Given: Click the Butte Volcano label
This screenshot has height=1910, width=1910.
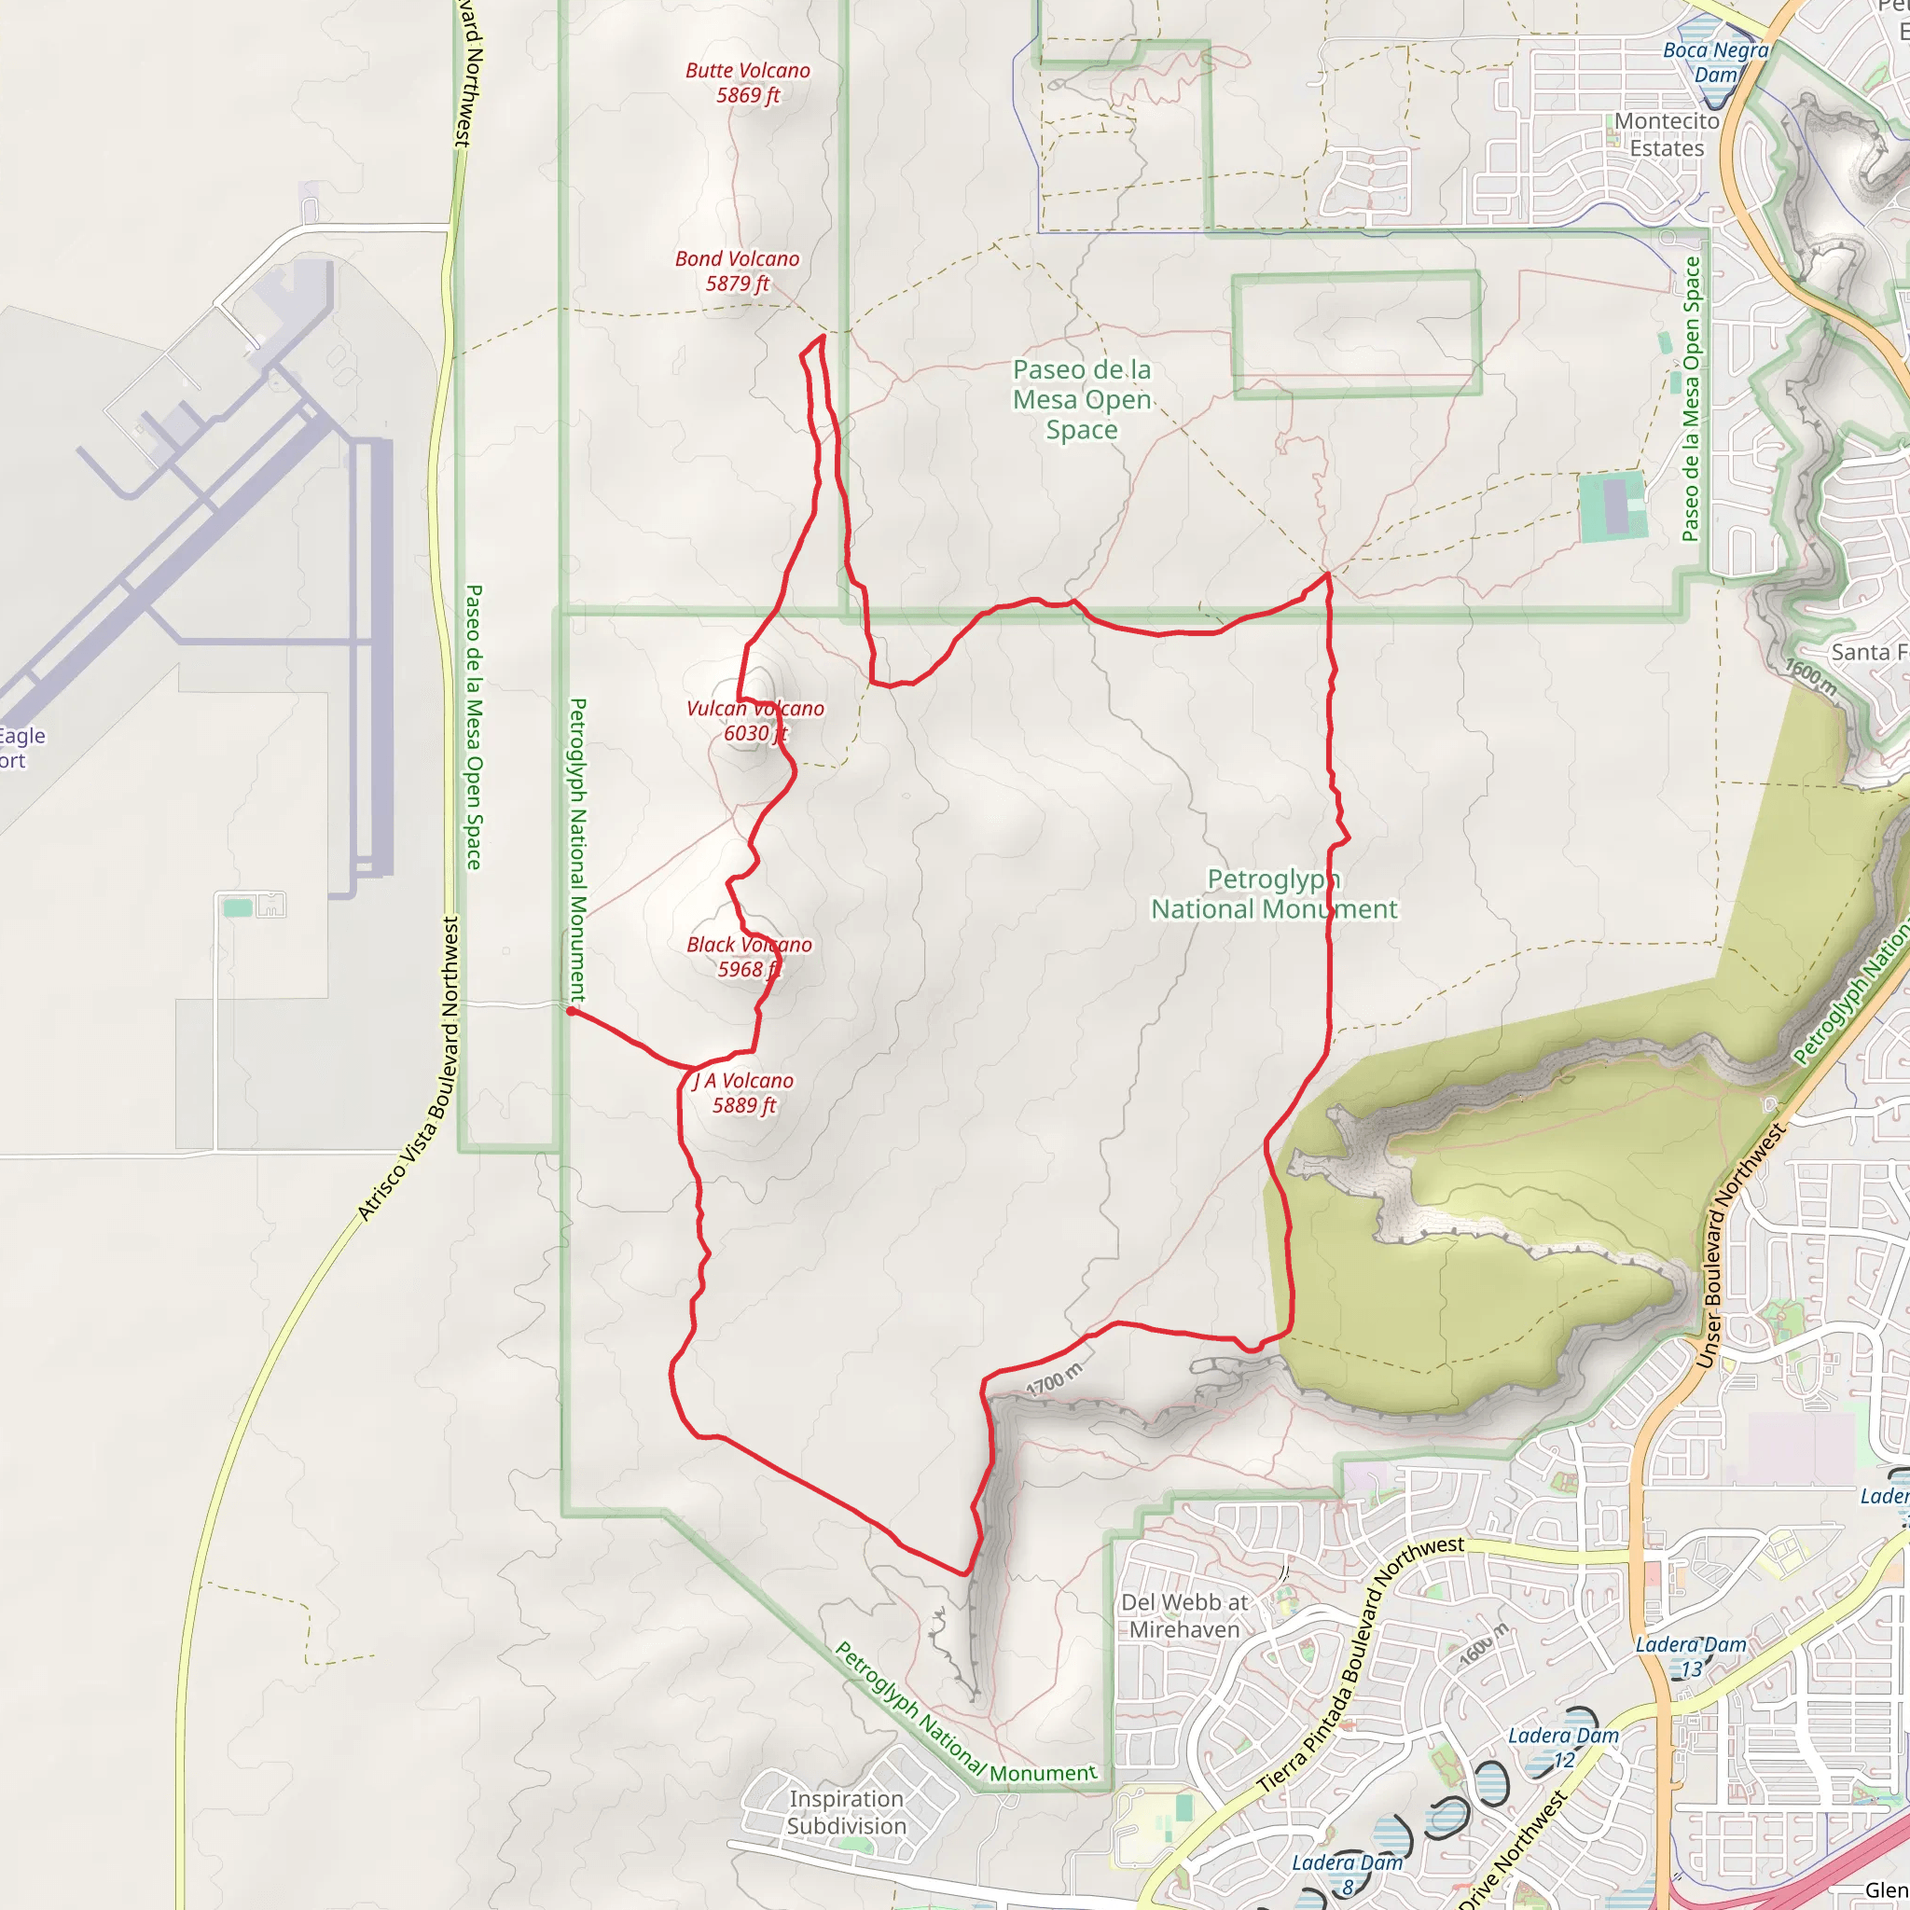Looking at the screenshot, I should (x=747, y=83).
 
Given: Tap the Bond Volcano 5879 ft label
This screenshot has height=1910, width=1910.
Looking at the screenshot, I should (x=738, y=270).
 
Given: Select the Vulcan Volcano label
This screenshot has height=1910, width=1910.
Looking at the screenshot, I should (x=755, y=721).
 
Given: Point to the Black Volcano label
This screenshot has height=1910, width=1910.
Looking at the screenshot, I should (x=750, y=957).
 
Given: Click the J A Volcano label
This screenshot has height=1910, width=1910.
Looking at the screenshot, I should (x=743, y=1092).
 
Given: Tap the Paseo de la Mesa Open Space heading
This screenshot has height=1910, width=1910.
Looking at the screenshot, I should (x=1082, y=399).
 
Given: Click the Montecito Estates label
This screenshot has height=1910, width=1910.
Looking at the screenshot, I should (x=1667, y=134).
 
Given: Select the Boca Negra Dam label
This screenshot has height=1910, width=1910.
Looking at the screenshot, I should (x=1715, y=62).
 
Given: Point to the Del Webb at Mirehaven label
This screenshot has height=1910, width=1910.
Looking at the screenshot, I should (x=1184, y=1615).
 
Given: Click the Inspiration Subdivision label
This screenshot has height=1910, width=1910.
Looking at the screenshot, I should (x=846, y=1812).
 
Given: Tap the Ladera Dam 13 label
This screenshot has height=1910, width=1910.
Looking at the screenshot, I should (x=1691, y=1657).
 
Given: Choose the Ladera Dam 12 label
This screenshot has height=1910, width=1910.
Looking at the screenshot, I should (x=1563, y=1748).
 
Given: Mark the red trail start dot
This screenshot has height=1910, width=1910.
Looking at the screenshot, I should (x=571, y=1011).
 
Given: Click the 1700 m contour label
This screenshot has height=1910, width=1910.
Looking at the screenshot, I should (x=1054, y=1379).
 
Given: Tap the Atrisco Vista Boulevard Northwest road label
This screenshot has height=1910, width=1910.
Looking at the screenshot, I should (x=408, y=1070).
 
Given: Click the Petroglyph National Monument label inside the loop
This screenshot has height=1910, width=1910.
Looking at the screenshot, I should (x=1273, y=893).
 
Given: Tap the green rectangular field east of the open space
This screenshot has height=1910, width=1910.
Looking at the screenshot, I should (x=1612, y=507).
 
